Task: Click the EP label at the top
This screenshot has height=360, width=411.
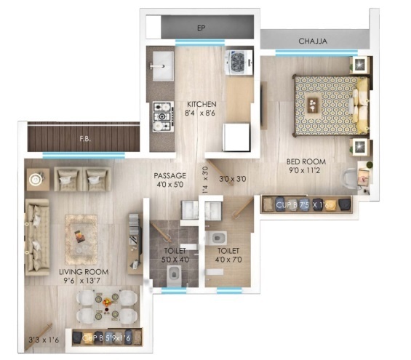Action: pyautogui.click(x=201, y=28)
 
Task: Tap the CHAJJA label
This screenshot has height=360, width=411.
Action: pyautogui.click(x=313, y=41)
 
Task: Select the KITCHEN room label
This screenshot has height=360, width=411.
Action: pyautogui.click(x=201, y=104)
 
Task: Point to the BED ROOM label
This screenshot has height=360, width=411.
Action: pyautogui.click(x=306, y=161)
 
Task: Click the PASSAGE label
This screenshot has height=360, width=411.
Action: pyautogui.click(x=170, y=175)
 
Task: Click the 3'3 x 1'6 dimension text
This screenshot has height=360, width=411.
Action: pyautogui.click(x=43, y=339)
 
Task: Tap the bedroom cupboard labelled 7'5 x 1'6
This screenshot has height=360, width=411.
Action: pyautogui.click(x=306, y=204)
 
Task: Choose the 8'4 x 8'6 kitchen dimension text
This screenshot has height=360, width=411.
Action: pyautogui.click(x=201, y=113)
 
